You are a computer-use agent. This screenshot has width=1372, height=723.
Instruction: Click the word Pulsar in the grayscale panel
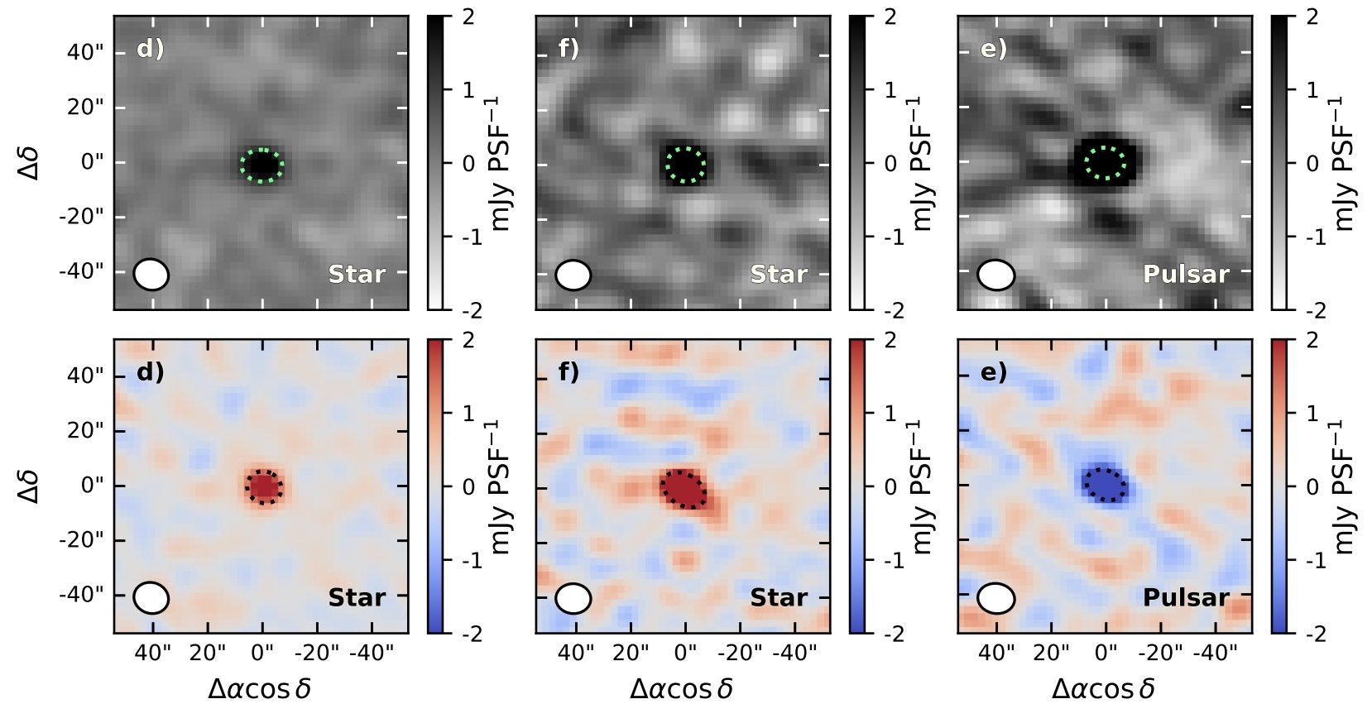tap(1186, 274)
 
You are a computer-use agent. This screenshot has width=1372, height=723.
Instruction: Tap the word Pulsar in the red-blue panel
tap(1186, 597)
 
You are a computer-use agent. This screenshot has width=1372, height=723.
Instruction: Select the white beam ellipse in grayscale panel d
tap(151, 275)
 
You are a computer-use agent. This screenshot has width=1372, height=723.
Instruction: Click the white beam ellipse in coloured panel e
tap(995, 598)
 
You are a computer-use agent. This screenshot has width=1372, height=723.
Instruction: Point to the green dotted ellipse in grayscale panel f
tap(686, 164)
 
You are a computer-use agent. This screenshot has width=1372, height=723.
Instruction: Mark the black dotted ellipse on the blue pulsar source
tap(1105, 485)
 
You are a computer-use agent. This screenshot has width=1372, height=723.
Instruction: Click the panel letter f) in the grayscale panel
tap(568, 49)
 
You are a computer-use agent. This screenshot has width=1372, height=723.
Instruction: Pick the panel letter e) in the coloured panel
tap(993, 372)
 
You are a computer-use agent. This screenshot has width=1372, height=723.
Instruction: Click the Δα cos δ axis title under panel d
tap(260, 688)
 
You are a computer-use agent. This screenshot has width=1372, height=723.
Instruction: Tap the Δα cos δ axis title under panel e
tap(1103, 688)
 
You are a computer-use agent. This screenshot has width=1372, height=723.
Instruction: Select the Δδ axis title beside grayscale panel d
tap(29, 162)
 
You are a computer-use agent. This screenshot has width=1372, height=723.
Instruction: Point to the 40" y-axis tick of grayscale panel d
tap(85, 52)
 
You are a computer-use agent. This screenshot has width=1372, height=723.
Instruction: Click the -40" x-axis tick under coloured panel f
tap(794, 654)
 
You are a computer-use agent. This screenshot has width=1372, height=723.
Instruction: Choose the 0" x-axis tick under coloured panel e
tap(1106, 654)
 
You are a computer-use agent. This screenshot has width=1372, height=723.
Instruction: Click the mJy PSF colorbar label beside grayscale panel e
tap(1342, 162)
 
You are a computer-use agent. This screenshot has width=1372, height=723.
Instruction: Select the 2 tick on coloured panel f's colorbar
tap(889, 340)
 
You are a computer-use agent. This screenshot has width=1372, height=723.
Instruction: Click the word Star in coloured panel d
tap(357, 597)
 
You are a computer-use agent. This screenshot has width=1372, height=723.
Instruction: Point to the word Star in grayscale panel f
tap(779, 274)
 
